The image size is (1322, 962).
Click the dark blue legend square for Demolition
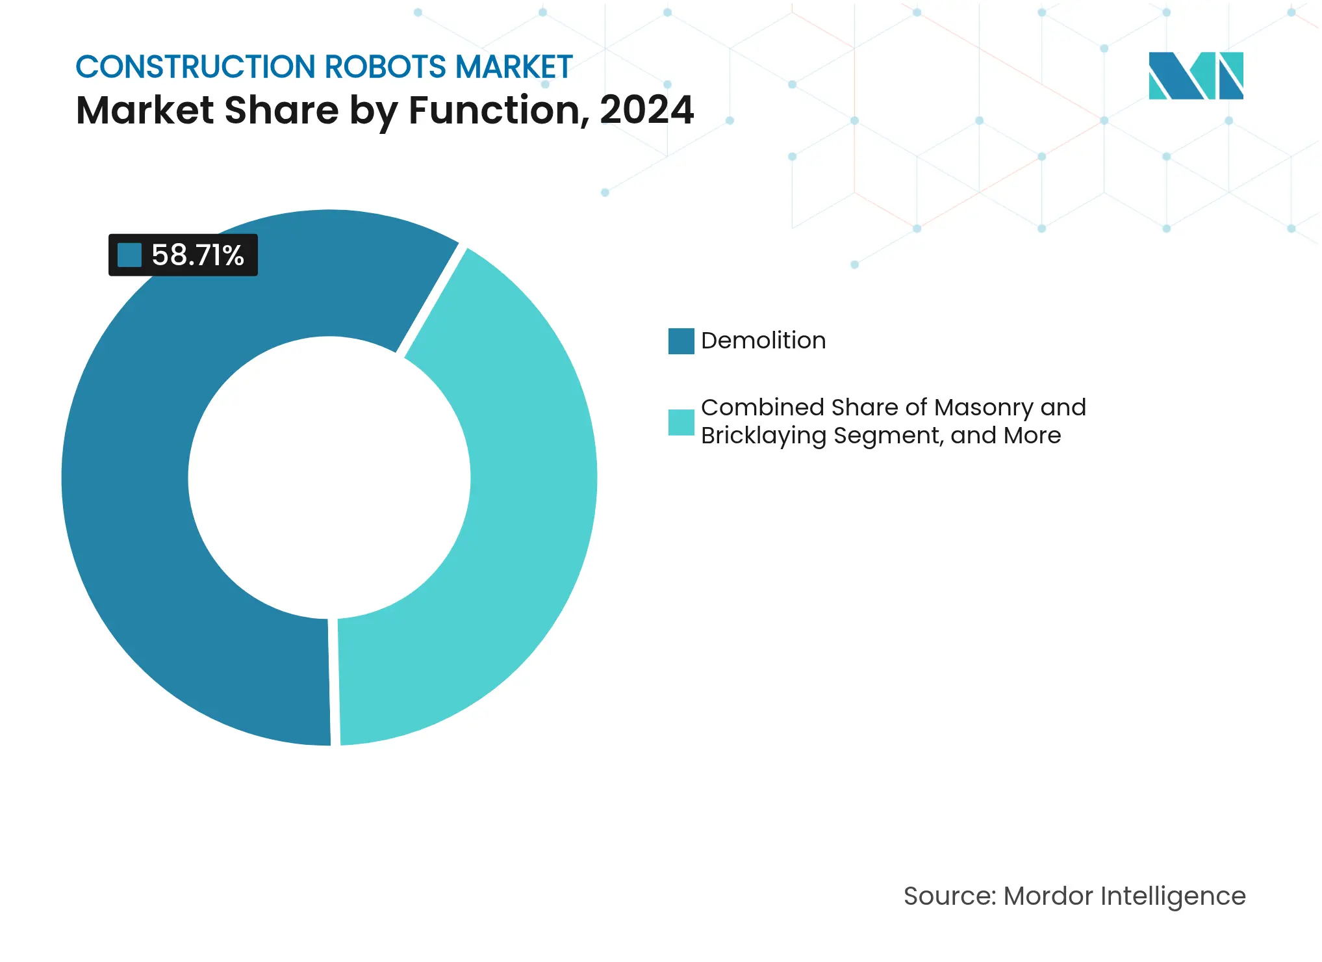681,341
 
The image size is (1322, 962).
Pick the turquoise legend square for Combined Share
681,422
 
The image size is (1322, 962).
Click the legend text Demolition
763,341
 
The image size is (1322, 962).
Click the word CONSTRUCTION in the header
196,67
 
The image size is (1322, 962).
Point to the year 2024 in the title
646,110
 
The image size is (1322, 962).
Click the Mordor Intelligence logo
1195,75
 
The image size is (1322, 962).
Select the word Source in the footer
949,896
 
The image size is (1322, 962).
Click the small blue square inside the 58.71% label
129,255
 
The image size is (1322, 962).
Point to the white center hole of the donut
329,478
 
